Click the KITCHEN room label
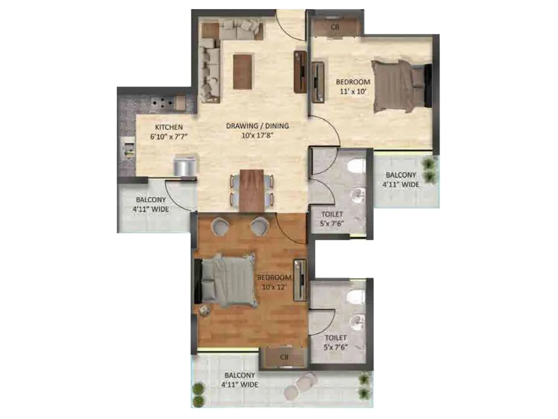[169, 127]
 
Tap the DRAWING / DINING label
[257, 126]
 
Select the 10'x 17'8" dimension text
[257, 135]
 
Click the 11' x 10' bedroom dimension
[353, 91]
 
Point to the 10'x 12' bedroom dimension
[274, 287]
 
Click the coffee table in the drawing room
[242, 71]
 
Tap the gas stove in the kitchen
[163, 103]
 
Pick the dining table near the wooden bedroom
[251, 190]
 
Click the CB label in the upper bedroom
[335, 27]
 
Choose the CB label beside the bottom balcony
[284, 357]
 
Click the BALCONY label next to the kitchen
[151, 200]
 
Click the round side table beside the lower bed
[204, 310]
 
